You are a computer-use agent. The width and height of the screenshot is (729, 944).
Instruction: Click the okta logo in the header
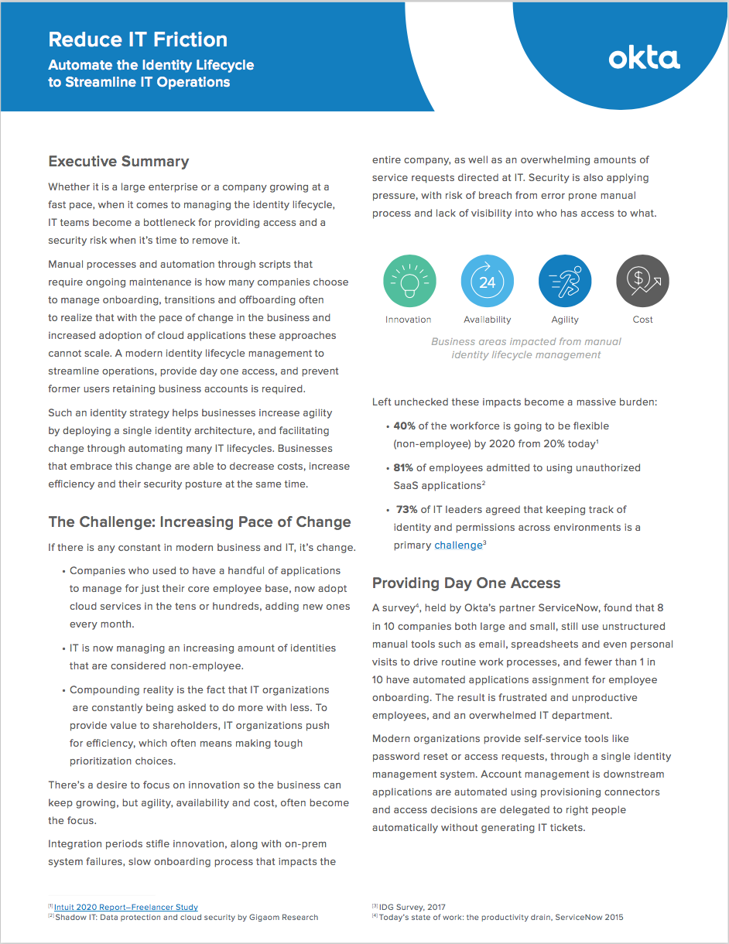644,59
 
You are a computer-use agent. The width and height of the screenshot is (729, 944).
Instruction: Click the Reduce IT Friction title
138,39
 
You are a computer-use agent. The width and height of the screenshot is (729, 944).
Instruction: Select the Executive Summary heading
118,162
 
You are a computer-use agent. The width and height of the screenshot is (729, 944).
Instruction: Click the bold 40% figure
405,426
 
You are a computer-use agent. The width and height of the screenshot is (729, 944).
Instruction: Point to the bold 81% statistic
404,468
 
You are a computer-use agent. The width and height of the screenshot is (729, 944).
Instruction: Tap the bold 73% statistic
407,510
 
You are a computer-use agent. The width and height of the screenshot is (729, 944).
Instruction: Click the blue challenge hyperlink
458,546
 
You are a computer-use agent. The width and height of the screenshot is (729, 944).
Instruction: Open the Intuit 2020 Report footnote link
126,907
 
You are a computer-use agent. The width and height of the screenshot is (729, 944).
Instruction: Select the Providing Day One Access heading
466,583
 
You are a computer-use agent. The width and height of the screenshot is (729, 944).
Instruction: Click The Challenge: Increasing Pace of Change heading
200,522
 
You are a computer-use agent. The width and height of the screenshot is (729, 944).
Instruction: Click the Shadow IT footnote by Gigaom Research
186,918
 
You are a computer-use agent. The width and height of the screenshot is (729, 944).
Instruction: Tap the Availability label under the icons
487,320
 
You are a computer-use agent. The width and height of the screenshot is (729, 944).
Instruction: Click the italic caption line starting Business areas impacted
526,341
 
